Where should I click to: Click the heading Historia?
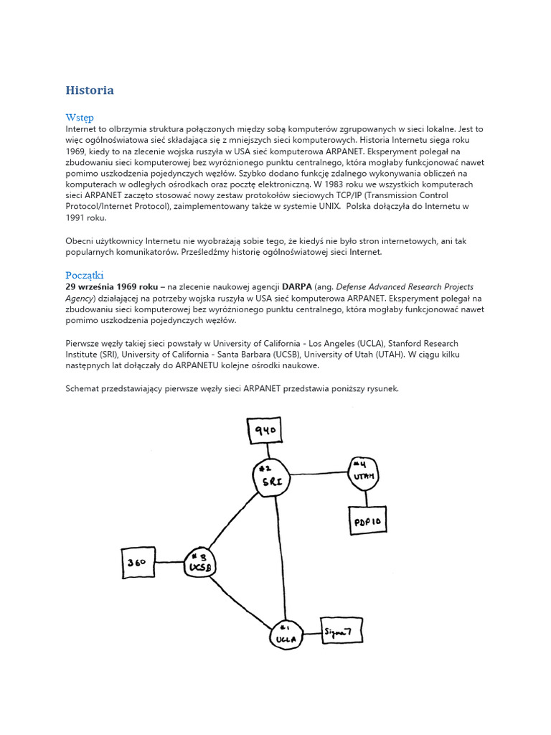click(x=90, y=90)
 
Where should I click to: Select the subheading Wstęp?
click(x=79, y=117)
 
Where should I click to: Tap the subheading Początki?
click(x=85, y=275)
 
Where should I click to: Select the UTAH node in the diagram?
click(x=364, y=473)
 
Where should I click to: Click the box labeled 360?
click(x=138, y=563)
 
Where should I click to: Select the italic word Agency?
click(x=80, y=299)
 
